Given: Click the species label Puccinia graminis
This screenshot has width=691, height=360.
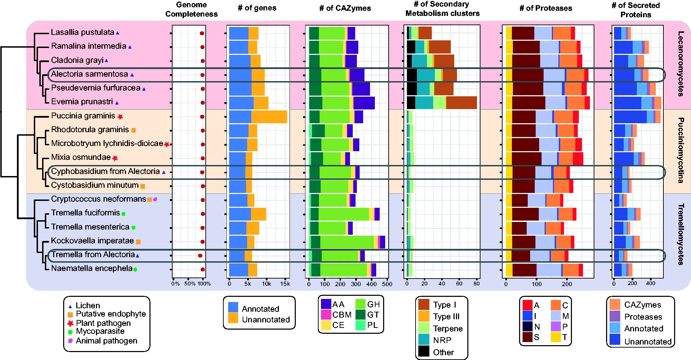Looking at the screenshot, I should tap(83, 116).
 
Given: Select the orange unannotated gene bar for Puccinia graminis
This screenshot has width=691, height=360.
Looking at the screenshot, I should tap(269, 117).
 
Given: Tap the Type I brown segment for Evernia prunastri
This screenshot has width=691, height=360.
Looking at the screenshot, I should tap(461, 103).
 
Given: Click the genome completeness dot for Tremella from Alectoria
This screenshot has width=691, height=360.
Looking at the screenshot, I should tap(200, 256).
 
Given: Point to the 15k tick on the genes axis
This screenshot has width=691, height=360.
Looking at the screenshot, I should tap(285, 284).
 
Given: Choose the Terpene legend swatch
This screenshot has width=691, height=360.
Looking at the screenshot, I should tap(424, 328).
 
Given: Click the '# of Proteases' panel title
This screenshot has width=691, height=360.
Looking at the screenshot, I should tap(546, 8).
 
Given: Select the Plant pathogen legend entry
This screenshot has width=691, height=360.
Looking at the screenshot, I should tap(103, 323).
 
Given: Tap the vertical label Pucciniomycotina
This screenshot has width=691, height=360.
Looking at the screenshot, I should tap(680, 150).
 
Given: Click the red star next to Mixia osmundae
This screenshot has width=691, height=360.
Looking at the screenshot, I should tap(115, 158).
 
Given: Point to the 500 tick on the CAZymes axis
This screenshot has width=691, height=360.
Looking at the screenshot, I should tap(387, 284).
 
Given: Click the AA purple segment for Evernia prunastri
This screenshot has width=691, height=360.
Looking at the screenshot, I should tap(364, 103).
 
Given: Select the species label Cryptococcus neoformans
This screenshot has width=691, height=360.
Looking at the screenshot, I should tap(98, 199).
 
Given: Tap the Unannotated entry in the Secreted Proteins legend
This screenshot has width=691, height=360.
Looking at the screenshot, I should tap(648, 341).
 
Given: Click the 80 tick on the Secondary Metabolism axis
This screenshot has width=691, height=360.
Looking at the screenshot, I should tap(476, 284).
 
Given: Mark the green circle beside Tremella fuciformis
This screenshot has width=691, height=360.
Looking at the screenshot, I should tap(123, 214).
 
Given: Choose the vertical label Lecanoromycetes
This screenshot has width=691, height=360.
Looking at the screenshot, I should tap(680, 64).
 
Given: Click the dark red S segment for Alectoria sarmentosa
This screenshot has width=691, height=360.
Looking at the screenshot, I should tap(527, 75).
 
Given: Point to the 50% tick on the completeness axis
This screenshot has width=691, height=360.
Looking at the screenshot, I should tap(189, 284).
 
